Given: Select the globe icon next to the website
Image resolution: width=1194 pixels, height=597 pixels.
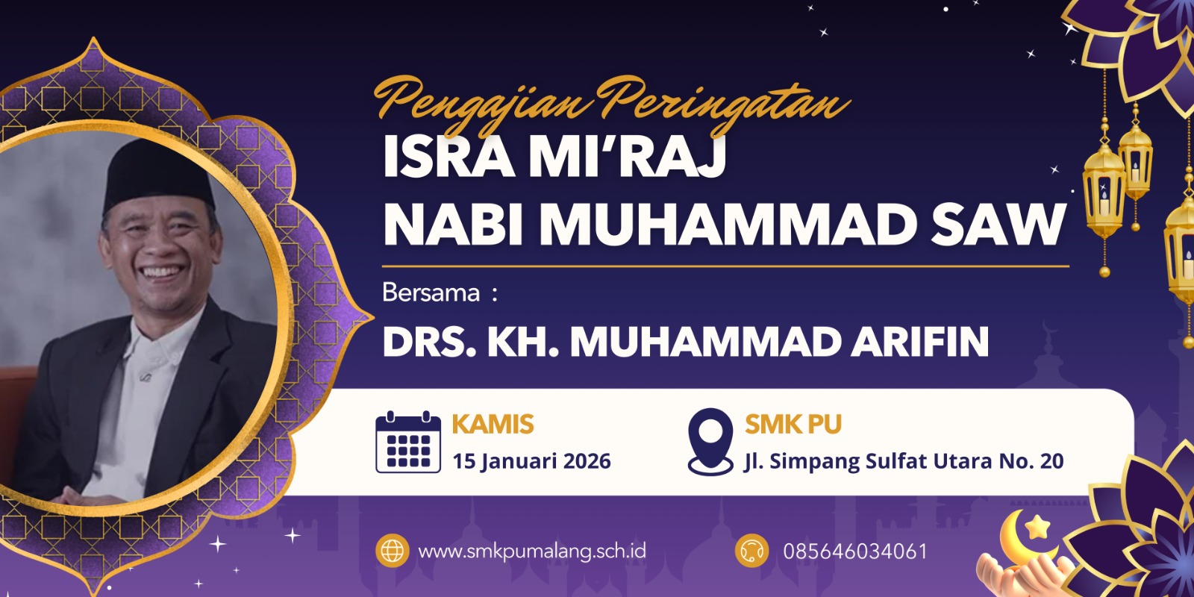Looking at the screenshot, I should [x=393, y=551].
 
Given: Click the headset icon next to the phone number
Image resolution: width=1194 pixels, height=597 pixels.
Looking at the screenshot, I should [x=751, y=551].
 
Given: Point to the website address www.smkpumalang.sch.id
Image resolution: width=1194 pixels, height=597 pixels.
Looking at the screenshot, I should [x=531, y=551].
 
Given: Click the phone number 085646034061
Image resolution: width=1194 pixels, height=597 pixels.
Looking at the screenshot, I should [x=854, y=551].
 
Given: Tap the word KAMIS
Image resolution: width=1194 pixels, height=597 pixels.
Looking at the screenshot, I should [x=493, y=425].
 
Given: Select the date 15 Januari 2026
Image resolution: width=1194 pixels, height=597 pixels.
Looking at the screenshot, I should [x=531, y=461].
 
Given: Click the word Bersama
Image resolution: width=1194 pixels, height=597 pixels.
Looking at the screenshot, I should [x=431, y=293].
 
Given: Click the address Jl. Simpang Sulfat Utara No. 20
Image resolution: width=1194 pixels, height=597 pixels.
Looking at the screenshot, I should [x=904, y=461].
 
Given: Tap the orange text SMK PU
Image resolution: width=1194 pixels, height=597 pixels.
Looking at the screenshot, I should [x=793, y=425].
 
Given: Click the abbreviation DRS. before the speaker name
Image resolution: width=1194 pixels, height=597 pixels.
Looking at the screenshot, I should [x=429, y=342].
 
